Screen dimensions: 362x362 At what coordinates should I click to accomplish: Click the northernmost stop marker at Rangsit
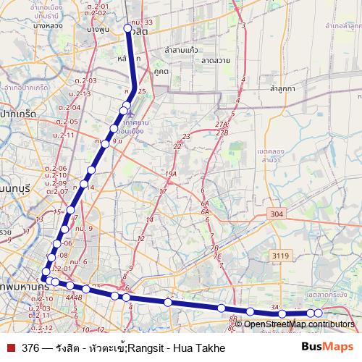point(127,29)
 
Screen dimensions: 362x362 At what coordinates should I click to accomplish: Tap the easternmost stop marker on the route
point(318,313)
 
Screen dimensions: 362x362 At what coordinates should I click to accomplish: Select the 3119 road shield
point(279,256)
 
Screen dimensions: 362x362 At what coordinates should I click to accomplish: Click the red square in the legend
point(10,348)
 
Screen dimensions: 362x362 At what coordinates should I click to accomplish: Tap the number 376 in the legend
point(30,348)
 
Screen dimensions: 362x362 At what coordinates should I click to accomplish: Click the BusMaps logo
point(327,348)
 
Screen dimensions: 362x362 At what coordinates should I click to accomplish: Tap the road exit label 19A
point(171,174)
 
